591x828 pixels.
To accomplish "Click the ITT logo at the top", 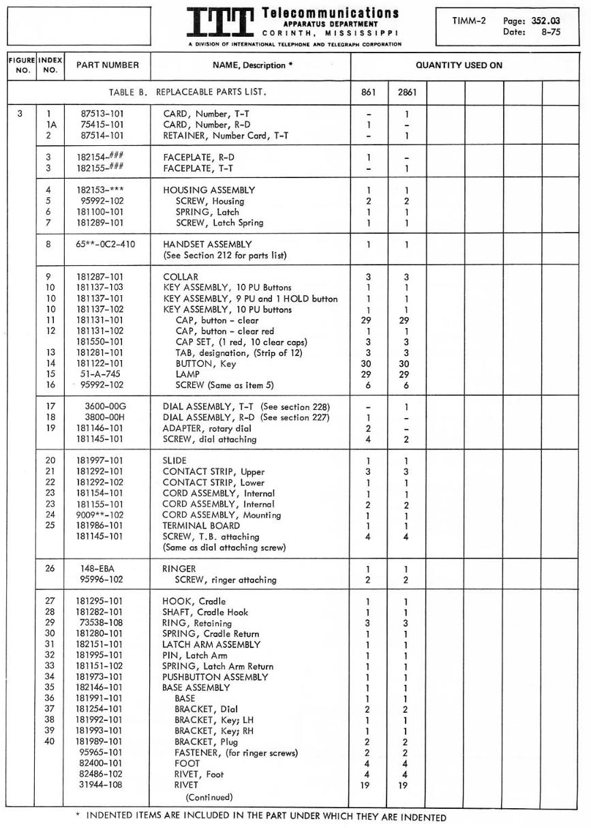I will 222,25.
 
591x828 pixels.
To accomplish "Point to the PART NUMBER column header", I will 107,65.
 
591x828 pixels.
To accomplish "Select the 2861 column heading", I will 407,91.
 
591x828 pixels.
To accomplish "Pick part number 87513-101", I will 100,115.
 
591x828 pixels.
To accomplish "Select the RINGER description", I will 179,569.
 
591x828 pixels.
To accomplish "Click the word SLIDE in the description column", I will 175,460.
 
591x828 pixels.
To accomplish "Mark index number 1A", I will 50,125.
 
